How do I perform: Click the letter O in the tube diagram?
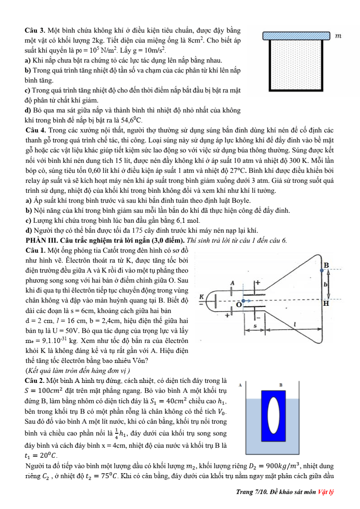click(239, 305)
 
